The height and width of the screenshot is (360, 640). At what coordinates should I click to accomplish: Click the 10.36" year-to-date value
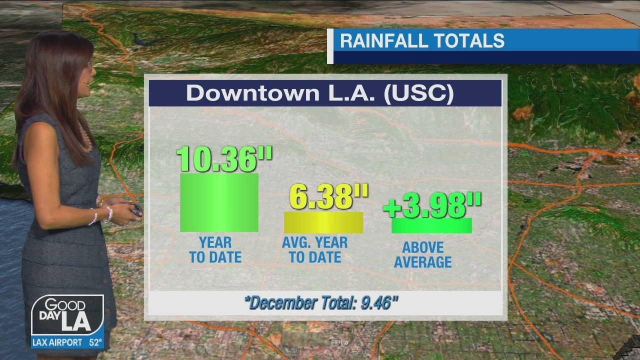tap(224, 159)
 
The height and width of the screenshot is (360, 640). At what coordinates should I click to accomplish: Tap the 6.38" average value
tap(328, 196)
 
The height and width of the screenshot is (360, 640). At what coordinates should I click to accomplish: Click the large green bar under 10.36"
tap(219, 202)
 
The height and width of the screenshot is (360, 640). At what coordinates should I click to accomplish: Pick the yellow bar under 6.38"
tap(323, 222)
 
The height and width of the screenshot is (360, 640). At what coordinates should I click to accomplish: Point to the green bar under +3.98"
tap(431, 226)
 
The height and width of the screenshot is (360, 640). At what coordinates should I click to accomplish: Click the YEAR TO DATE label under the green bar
tap(215, 250)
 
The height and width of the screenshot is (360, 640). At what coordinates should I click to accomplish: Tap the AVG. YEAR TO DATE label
tap(315, 250)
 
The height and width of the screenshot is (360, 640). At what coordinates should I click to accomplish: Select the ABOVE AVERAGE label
tap(423, 254)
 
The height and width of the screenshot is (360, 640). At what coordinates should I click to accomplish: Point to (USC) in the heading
tap(418, 93)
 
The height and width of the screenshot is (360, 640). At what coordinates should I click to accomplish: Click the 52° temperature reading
tap(95, 343)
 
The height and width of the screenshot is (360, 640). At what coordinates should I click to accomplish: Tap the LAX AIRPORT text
tap(57, 343)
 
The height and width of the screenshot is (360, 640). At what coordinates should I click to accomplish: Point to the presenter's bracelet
tap(94, 216)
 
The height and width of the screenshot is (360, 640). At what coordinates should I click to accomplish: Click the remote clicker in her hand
tap(135, 210)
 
